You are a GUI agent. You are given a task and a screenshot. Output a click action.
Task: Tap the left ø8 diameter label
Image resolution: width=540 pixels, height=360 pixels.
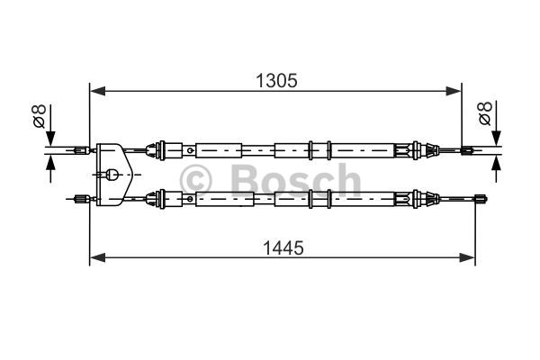pos(38,116)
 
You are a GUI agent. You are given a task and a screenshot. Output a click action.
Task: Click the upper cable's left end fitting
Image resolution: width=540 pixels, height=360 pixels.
pos(80,149)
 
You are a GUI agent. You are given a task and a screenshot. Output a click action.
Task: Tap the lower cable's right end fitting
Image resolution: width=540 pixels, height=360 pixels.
pos(483,199)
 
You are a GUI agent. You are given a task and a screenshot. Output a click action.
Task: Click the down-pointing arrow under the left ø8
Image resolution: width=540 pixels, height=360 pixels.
pos(50,136)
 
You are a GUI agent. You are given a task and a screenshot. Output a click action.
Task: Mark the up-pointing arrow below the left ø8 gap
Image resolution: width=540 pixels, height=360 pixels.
pos(50,163)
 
